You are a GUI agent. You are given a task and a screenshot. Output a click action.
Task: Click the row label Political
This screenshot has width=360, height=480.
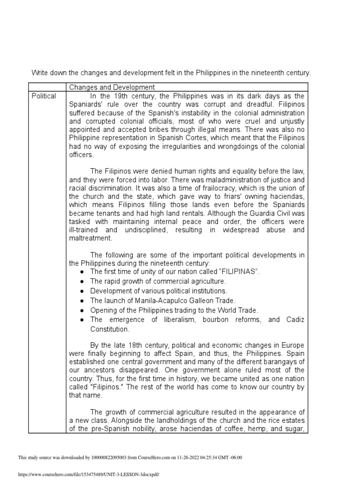pyautogui.click(x=44, y=96)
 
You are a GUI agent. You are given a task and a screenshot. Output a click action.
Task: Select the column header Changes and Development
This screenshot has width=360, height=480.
pyautogui.click(x=112, y=87)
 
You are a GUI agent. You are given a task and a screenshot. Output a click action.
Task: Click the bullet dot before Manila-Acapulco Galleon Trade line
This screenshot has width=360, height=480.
pyautogui.click(x=82, y=300)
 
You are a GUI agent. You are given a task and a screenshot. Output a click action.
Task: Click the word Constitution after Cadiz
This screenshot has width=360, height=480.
pyautogui.click(x=110, y=329)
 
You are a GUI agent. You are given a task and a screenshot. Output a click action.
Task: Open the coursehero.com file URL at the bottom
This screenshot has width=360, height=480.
pyautogui.click(x=89, y=474)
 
